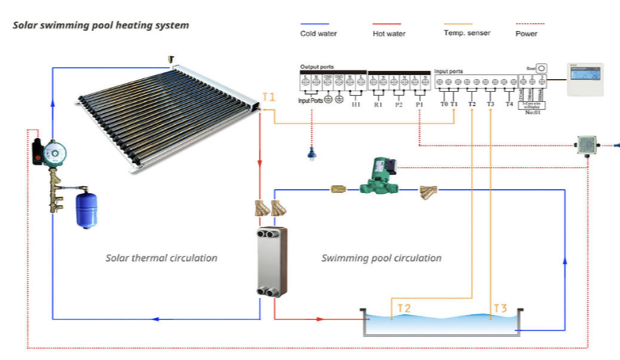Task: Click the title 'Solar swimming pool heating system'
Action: [101, 25]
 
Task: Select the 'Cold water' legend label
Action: [318, 33]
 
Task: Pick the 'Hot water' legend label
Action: [388, 33]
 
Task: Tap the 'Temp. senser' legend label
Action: [466, 32]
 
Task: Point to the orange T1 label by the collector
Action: [269, 97]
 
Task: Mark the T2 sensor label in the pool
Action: [404, 307]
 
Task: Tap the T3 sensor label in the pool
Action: [500, 307]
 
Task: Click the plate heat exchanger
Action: [270, 262]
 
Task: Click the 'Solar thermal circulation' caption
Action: [162, 258]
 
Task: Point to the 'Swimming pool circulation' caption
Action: [382, 258]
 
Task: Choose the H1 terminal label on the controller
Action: [356, 104]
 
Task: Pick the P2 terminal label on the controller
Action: [398, 104]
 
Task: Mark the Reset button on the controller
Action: [542, 69]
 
